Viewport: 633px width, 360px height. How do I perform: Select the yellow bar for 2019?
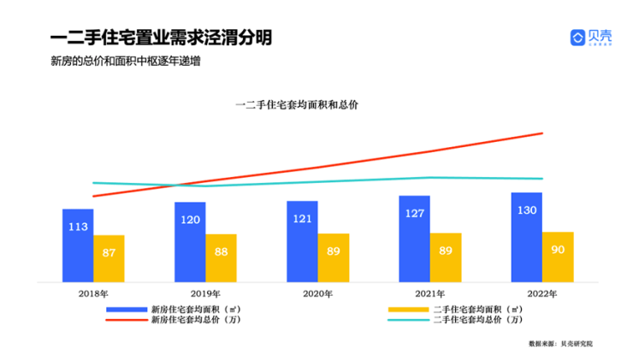(x=222, y=257)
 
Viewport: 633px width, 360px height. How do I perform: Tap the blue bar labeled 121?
(x=302, y=242)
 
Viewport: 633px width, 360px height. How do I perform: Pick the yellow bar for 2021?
(x=446, y=257)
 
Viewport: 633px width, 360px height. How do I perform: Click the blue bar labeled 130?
(x=526, y=237)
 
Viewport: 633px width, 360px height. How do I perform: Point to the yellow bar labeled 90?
(x=558, y=257)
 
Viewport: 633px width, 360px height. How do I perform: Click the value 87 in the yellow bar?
(x=109, y=252)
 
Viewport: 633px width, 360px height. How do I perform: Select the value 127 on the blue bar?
(x=415, y=214)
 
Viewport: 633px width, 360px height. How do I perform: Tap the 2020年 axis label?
(x=318, y=293)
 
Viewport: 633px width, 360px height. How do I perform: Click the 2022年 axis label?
(x=541, y=293)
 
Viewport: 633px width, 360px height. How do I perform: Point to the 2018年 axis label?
(x=93, y=293)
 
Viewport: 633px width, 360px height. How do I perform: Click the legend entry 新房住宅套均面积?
(x=185, y=308)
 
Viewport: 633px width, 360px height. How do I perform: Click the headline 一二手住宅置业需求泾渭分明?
(x=162, y=38)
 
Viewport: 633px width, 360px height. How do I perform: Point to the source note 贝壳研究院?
(x=577, y=343)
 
